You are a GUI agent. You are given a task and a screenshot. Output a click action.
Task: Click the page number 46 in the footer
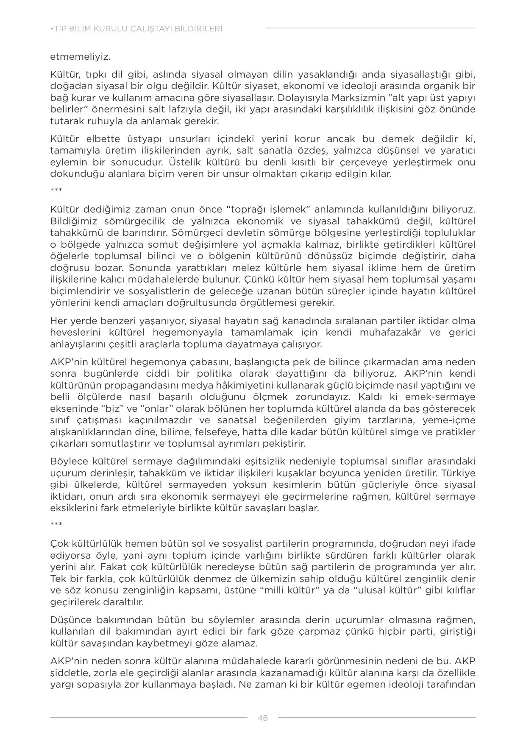[x=262, y=718]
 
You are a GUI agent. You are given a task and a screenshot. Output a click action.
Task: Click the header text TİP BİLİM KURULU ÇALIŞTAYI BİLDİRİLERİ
[x=136, y=29]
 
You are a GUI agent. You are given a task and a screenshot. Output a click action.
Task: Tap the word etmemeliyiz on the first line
[x=81, y=57]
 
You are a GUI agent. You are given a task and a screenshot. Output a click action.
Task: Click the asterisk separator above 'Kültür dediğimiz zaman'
[x=56, y=190]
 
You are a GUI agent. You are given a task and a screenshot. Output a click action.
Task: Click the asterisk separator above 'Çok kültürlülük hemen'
[x=56, y=524]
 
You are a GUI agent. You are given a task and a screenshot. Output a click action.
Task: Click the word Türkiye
[x=460, y=473]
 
